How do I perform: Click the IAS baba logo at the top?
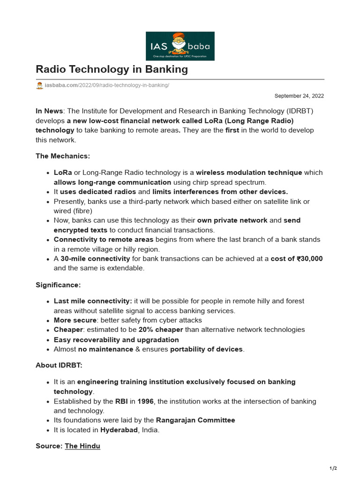[180, 46]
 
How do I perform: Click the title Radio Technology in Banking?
[112, 69]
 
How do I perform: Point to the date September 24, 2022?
[299, 96]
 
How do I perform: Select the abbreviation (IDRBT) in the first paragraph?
[300, 111]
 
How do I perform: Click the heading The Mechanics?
[62, 156]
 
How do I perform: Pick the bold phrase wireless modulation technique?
[249, 172]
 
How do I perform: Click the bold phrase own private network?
[232, 220]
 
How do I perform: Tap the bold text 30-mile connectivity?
[95, 259]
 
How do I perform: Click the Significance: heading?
[58, 285]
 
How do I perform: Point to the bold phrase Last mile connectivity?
[93, 301]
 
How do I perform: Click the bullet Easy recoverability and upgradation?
[116, 339]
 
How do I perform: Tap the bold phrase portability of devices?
[207, 349]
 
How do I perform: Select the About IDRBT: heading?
[59, 366]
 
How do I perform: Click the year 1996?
[145, 401]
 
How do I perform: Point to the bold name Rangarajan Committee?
[195, 420]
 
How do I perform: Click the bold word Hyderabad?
[119, 430]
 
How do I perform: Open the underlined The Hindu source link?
[82, 446]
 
